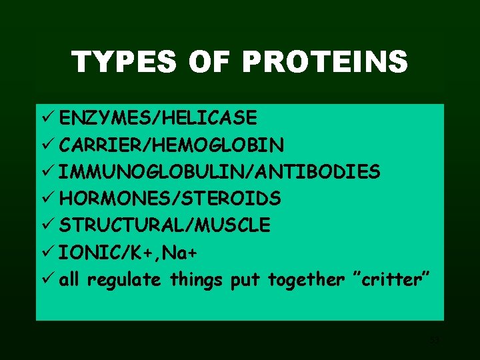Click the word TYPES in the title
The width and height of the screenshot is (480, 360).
(125, 63)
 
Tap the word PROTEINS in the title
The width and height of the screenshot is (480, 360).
(325, 63)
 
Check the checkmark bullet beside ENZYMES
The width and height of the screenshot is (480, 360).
(47, 119)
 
